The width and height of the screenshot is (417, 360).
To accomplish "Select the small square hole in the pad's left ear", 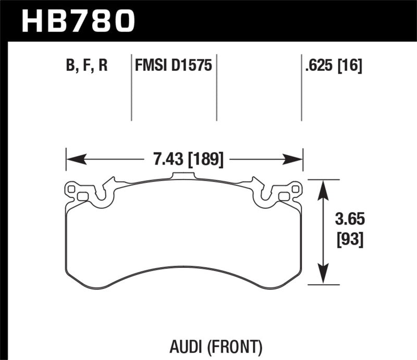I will coord(82,196).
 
